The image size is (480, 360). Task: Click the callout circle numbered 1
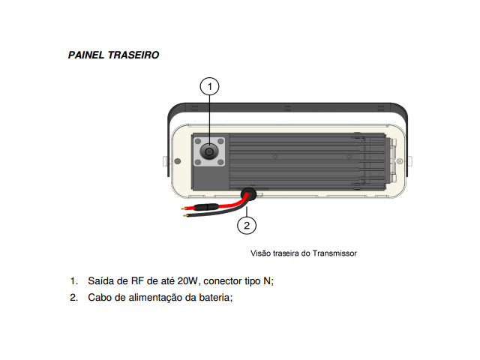(210, 87)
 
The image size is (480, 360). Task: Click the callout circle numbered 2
(248, 223)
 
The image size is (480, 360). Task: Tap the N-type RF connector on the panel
(209, 152)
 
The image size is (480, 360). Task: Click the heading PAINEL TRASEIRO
(113, 55)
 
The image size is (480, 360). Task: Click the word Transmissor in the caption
(335, 253)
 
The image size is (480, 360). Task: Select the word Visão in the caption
(260, 253)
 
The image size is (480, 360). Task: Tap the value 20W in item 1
(188, 282)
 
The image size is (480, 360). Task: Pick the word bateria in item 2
(214, 298)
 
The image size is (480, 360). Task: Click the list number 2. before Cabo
(74, 298)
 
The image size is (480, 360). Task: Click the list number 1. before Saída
(74, 282)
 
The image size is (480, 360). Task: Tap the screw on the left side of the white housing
(177, 161)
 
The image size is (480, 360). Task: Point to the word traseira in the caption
(286, 253)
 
